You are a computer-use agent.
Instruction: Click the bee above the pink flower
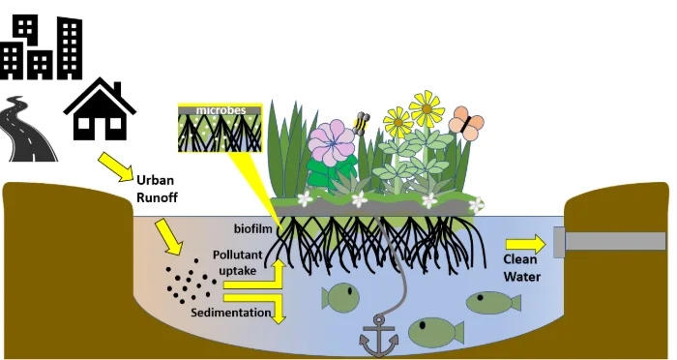pyautogui.click(x=361, y=124)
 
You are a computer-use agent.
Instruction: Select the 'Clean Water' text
pyautogui.click(x=521, y=268)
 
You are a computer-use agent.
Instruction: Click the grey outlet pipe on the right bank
pyautogui.click(x=609, y=241)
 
